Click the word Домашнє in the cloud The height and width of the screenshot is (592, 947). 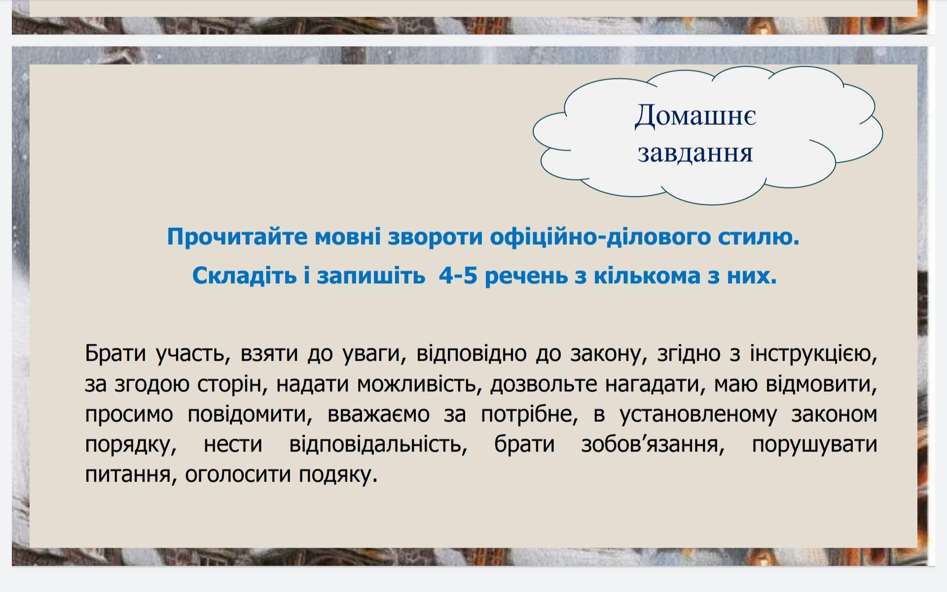coord(695,116)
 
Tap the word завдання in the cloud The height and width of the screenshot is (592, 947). coord(695,153)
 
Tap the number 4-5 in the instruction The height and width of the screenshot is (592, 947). coord(458,275)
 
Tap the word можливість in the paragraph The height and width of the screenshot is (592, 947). coord(419,384)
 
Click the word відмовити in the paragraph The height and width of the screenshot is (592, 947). coord(821,384)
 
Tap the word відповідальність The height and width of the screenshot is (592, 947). coord(378,444)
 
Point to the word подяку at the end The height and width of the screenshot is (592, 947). coord(338,475)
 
